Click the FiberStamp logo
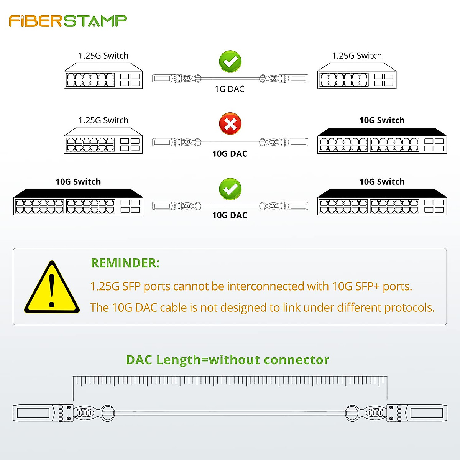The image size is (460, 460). pos(68,21)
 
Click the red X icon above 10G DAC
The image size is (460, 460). pos(230,124)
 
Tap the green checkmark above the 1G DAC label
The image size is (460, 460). pos(230,61)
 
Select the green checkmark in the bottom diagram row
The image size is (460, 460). pos(230,189)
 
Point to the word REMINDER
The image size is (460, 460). pos(125,263)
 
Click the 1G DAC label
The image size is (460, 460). pos(229,89)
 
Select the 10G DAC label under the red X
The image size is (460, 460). pos(230,154)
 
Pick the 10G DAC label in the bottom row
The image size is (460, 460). pos(230,215)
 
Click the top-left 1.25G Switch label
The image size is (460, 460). pos(103,56)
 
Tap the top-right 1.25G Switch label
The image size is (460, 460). pos(357,56)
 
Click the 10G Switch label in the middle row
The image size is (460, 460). pos(382,120)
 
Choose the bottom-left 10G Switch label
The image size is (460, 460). pos(78,182)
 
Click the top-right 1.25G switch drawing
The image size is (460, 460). pos(357,77)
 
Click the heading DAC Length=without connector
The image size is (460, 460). pos(228,360)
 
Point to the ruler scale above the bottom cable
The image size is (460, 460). pos(230,381)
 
